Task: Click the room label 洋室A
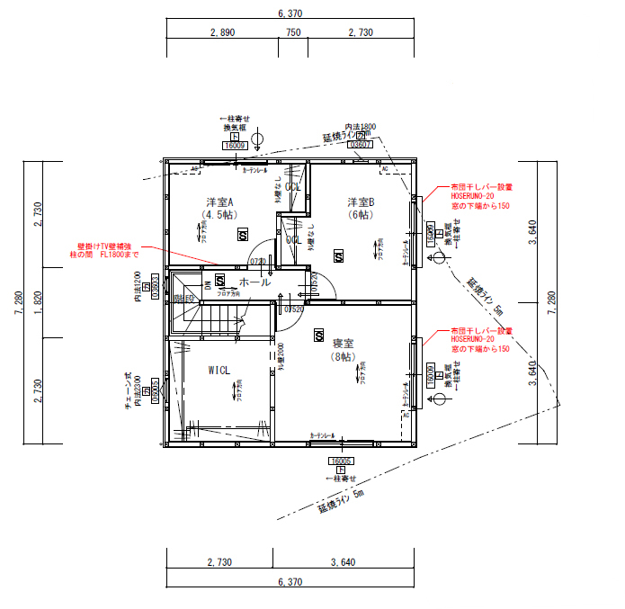pyautogui.click(x=219, y=202)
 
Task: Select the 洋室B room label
pyautogui.click(x=361, y=202)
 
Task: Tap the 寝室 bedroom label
pyautogui.click(x=344, y=343)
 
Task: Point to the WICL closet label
pyautogui.click(x=219, y=370)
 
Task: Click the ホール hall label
pyautogui.click(x=254, y=282)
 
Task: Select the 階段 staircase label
pyautogui.click(x=184, y=298)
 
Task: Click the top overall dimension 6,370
pyautogui.click(x=290, y=13)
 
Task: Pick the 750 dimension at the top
pyautogui.click(x=293, y=31)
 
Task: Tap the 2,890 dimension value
pyautogui.click(x=222, y=31)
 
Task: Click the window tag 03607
pyautogui.click(x=360, y=144)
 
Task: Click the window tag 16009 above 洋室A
pyautogui.click(x=235, y=145)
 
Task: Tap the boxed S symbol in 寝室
pyautogui.click(x=318, y=335)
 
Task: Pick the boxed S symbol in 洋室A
pyautogui.click(x=243, y=235)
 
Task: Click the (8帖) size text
pyautogui.click(x=344, y=357)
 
